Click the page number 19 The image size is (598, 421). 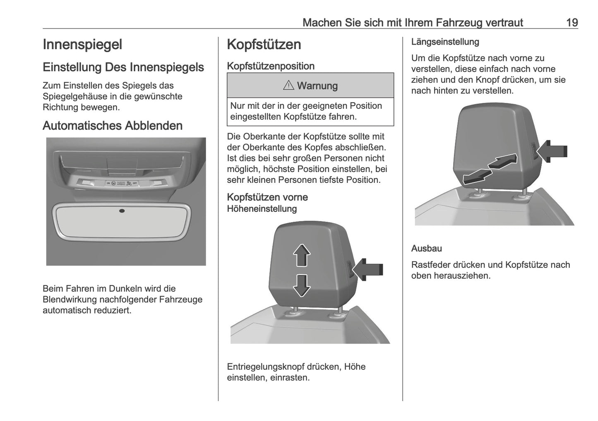click(572, 22)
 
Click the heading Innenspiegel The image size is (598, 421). click(82, 45)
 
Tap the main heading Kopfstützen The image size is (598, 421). click(264, 45)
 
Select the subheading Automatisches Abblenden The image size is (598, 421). click(112, 126)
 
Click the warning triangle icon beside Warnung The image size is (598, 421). click(288, 86)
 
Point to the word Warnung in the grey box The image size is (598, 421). click(317, 86)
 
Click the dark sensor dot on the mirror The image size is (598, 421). click(122, 211)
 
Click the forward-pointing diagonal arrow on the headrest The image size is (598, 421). click(503, 161)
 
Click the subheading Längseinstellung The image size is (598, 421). click(445, 42)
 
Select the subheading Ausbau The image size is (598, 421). click(426, 249)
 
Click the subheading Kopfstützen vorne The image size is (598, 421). click(267, 197)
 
